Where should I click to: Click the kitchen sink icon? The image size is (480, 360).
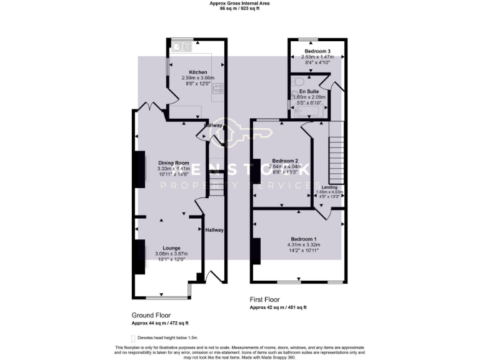(182, 45)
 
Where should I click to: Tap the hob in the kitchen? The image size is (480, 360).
(219, 89)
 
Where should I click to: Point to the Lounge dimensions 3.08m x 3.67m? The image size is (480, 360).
(171, 254)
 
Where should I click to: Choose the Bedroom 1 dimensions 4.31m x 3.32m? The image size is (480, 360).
(303, 244)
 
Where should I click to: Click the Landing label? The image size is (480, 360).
(329, 187)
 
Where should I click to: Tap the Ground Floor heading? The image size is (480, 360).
(151, 316)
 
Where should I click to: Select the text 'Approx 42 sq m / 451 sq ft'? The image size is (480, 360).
(278, 307)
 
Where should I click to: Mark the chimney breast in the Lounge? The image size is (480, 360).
(137, 257)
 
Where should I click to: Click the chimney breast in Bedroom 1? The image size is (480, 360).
(256, 251)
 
